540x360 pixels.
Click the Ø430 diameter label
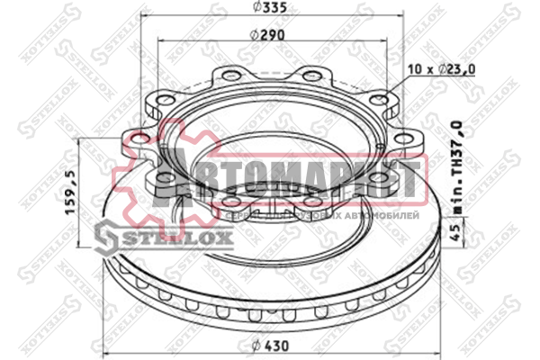click(x=267, y=346)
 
